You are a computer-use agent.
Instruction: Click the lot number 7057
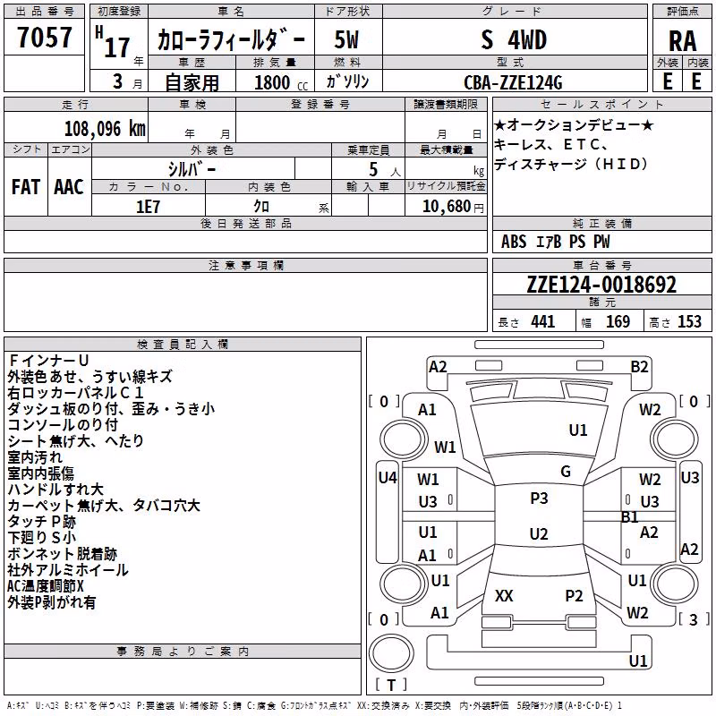pos(45,38)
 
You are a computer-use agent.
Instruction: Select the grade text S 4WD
pos(514,39)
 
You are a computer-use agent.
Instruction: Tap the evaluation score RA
pos(682,41)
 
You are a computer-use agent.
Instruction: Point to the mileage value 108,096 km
pos(105,129)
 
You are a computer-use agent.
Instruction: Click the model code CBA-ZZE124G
pos(513,82)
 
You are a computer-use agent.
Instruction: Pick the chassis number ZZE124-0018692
pos(601,285)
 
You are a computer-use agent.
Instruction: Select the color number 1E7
pos(148,207)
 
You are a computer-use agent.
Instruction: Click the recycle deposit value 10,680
pos(447,207)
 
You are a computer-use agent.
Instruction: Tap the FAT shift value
pos(26,187)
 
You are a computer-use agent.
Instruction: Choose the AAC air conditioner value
pos(69,187)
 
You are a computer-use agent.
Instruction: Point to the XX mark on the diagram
pos(504,595)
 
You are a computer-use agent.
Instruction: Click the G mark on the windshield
pos(566,471)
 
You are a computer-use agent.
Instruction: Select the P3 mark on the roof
pos(539,498)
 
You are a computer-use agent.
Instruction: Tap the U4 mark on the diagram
pos(388,478)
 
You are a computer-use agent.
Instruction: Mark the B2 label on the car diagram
pos(639,367)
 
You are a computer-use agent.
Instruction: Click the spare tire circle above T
pos(391,653)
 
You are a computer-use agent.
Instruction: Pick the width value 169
pos(618,321)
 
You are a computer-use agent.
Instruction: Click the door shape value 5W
pos(346,39)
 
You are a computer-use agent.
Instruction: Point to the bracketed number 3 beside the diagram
pos(693,619)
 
